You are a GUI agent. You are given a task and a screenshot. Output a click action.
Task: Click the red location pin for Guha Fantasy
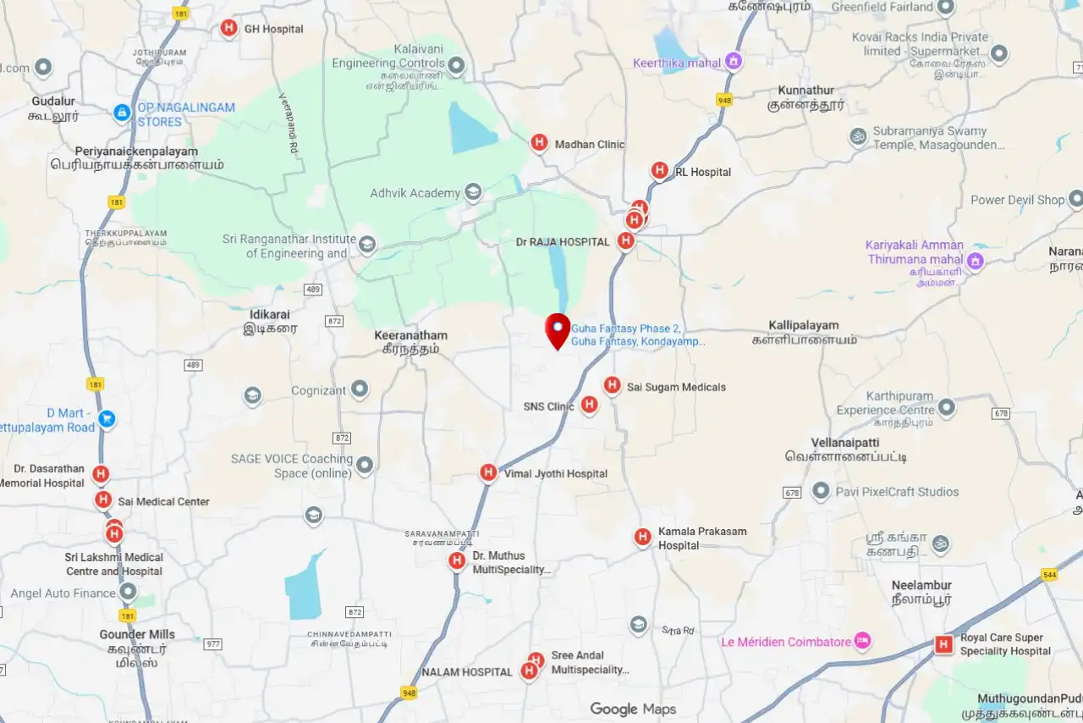point(557,329)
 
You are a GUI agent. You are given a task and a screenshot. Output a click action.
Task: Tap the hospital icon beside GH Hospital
point(228,28)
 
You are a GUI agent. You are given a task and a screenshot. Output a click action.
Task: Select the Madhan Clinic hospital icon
point(539,142)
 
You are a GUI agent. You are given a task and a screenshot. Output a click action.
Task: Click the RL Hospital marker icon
point(659,170)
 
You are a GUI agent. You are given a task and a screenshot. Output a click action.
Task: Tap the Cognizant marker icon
point(360,389)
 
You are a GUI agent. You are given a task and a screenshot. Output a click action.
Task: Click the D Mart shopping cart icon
point(106,418)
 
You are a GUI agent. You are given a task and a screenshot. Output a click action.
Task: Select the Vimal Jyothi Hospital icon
point(488,472)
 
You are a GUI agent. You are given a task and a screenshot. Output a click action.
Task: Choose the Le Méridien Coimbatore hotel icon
point(862,641)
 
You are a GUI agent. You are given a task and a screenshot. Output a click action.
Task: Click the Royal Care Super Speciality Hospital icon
point(943,644)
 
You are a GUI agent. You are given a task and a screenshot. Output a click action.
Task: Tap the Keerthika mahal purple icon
point(734,61)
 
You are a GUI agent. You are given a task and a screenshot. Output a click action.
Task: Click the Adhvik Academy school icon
point(474,192)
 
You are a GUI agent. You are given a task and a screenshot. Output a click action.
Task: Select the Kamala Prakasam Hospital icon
point(642,537)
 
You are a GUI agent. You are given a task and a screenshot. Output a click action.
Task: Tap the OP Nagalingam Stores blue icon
point(122,112)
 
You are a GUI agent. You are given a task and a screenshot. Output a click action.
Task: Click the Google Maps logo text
point(633,709)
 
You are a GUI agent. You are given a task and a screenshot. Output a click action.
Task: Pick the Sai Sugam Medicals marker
point(612,385)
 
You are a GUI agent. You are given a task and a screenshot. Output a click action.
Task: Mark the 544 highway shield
point(1050,575)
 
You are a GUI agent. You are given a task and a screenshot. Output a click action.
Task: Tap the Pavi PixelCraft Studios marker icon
point(820,491)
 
